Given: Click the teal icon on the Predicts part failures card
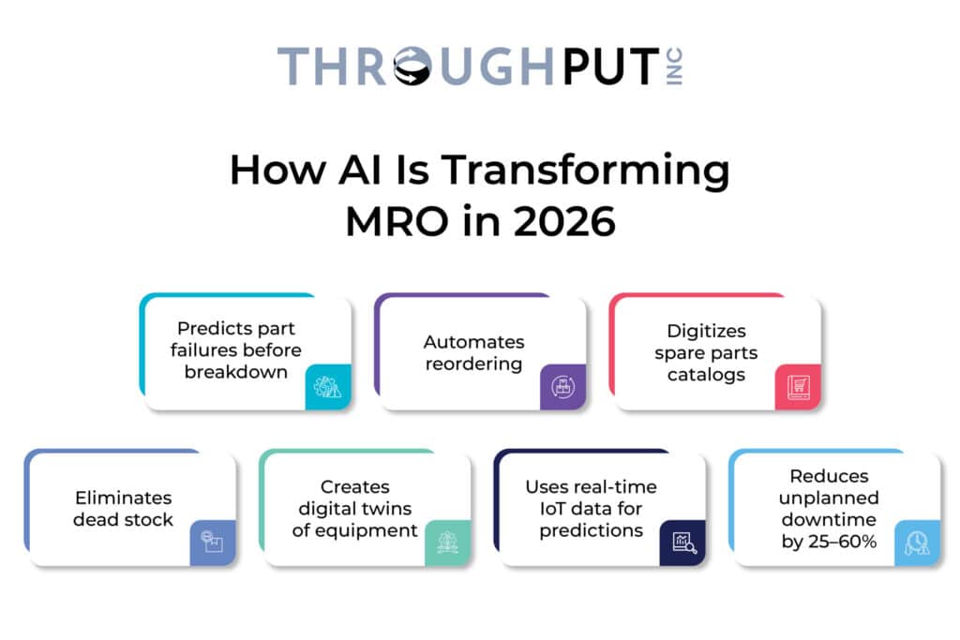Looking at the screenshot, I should tap(328, 388).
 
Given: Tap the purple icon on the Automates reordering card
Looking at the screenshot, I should tap(562, 388).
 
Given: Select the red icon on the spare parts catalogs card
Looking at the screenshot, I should tap(798, 388).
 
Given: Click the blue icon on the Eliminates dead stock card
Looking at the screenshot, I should tap(212, 543).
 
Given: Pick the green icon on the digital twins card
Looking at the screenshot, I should tap(447, 543).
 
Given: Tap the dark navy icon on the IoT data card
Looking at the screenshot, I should tap(682, 543).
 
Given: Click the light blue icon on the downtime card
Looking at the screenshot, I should tap(917, 543).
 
